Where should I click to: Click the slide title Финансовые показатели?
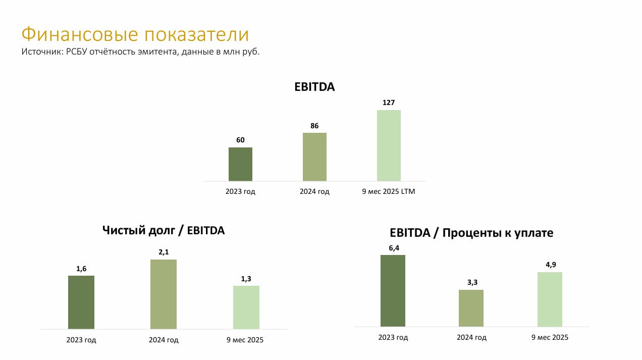135,34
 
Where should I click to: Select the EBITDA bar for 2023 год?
240,164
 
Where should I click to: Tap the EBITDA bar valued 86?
314,157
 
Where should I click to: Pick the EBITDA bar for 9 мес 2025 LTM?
389,145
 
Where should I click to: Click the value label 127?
389,102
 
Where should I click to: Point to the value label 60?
240,140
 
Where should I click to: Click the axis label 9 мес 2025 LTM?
389,192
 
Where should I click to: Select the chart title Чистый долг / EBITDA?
164,230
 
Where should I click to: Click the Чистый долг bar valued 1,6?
81,302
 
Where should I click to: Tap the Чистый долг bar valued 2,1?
164,294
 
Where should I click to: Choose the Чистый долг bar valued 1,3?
246,307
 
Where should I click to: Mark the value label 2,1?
164,252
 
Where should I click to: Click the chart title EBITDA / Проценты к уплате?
471,233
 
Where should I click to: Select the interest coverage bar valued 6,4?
393,291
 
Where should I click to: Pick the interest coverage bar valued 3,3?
471,308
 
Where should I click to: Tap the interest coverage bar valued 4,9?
550,299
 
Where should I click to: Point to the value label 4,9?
550,265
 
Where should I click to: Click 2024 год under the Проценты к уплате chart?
471,337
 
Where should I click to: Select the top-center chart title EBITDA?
314,87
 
